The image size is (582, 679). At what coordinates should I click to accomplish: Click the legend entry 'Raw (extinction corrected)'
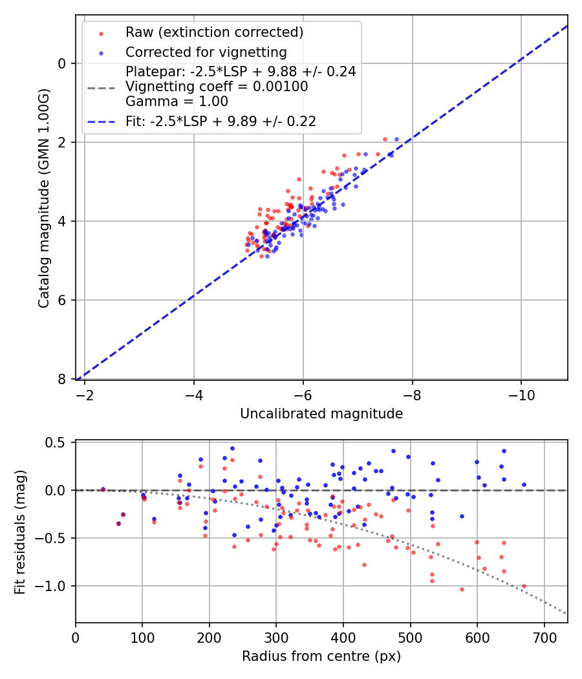pos(214,32)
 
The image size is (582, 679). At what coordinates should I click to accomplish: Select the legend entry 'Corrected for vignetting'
pos(206,52)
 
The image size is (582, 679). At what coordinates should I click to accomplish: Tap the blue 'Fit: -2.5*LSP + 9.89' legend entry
pos(221,121)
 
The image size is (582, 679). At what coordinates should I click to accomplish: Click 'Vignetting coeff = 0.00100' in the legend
pos(217,87)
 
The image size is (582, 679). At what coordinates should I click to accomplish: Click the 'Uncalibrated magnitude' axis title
pos(321,414)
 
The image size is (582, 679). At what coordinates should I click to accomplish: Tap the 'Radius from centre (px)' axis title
pos(321,656)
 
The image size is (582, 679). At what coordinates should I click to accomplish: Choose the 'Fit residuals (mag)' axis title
pos(20,532)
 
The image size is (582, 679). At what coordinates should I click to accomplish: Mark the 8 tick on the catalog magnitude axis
pos(62,379)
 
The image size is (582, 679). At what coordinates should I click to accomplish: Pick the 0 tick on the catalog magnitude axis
pos(62,63)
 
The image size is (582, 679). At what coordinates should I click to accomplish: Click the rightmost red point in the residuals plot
pos(524,586)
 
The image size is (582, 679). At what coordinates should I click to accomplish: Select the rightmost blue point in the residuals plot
pos(524,484)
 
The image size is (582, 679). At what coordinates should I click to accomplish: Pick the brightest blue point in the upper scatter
pos(396,139)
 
